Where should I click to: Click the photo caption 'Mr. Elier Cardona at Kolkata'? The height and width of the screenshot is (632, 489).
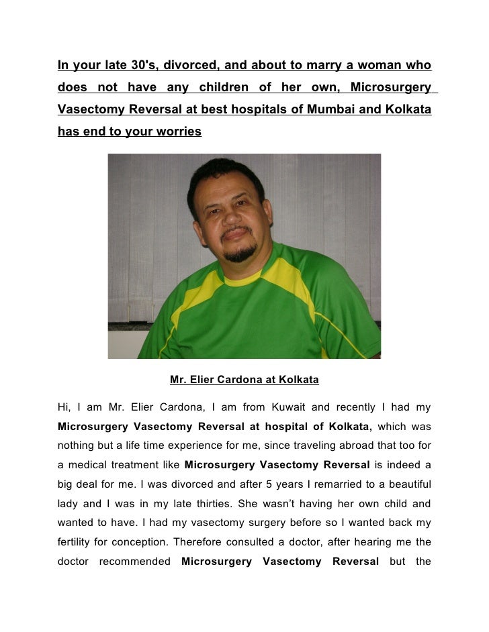244,380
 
